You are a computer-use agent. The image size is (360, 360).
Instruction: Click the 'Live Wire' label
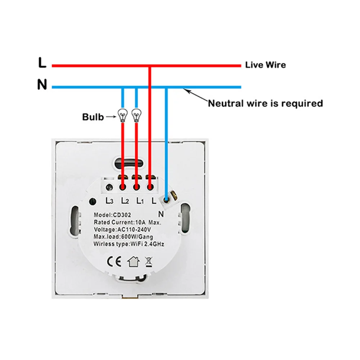pyautogui.click(x=265, y=65)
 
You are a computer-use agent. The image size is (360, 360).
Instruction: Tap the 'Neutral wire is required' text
pyautogui.click(x=265, y=103)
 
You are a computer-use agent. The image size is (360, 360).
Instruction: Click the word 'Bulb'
pyautogui.click(x=93, y=117)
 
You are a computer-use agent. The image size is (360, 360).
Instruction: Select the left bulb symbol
pyautogui.click(x=123, y=115)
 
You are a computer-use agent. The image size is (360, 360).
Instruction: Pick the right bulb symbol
pyautogui.click(x=136, y=115)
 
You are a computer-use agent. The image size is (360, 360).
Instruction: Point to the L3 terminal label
pyautogui.click(x=109, y=201)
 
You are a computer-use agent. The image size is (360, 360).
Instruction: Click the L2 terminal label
pyautogui.click(x=125, y=201)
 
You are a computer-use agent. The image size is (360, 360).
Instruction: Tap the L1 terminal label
pyautogui.click(x=140, y=201)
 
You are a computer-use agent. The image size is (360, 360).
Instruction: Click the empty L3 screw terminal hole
pyautogui.click(x=109, y=187)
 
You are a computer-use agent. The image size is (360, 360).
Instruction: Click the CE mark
pyautogui.click(x=114, y=261)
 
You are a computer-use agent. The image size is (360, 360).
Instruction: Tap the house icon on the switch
pyautogui.click(x=134, y=261)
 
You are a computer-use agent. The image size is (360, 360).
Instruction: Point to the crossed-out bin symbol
pyautogui.click(x=149, y=262)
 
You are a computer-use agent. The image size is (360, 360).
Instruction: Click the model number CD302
pyautogui.click(x=122, y=215)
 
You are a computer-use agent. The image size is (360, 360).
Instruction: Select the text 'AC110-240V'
pyautogui.click(x=134, y=230)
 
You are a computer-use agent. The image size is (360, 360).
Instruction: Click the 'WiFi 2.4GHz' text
pyautogui.click(x=147, y=244)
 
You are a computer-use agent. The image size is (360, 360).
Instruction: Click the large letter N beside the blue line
pyautogui.click(x=42, y=84)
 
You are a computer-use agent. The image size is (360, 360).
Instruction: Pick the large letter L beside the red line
pyautogui.click(x=42, y=62)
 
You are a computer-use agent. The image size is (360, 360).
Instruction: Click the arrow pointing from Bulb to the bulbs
pyautogui.click(x=111, y=117)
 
